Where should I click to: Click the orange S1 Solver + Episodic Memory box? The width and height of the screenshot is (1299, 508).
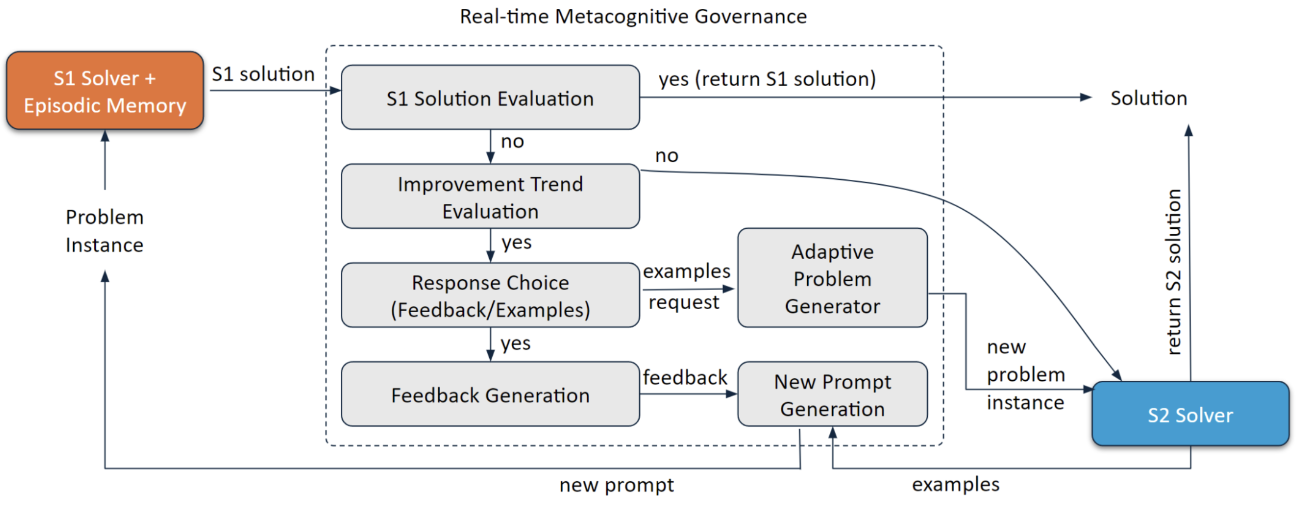105,91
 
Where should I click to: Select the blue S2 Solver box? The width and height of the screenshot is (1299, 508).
1190,414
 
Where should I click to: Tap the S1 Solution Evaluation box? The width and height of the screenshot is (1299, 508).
490,98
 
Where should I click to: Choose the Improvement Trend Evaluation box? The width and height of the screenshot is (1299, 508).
490,197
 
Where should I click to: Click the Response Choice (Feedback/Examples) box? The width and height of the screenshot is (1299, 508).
490,296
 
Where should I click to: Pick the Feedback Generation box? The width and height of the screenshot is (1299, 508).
490,395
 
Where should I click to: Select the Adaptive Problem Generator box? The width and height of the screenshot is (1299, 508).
832,278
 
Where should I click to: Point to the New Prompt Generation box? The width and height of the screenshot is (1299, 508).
832,395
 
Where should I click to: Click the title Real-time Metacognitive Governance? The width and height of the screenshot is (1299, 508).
633,16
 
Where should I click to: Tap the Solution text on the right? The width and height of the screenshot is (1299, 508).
1148,98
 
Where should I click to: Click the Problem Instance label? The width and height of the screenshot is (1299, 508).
105,231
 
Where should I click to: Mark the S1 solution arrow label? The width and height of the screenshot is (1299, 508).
263,74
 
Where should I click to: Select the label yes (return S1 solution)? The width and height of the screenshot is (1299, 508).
767,79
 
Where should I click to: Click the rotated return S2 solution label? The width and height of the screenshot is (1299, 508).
1173,272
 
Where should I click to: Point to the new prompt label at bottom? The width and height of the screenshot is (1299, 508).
617,485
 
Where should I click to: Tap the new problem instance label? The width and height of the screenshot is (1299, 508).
1025,375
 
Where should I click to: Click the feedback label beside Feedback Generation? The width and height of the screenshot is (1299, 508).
685,378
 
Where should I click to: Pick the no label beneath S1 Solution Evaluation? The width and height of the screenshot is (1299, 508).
512,141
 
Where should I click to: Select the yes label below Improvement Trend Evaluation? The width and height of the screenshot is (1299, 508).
516,242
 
